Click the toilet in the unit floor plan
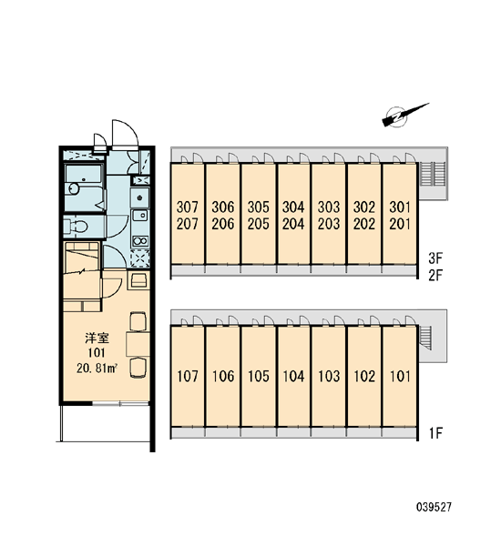pyautogui.click(x=77, y=227)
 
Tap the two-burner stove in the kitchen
pyautogui.click(x=139, y=240)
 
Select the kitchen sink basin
pyautogui.click(x=140, y=215)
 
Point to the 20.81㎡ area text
pyautogui.click(x=97, y=369)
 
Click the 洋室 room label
pyautogui.click(x=97, y=338)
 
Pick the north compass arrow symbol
pyautogui.click(x=404, y=115)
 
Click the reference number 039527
pyautogui.click(x=434, y=507)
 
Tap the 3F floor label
pyautogui.click(x=435, y=258)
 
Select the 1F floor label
pyautogui.click(x=435, y=433)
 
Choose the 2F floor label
pyautogui.click(x=435, y=276)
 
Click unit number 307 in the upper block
pyautogui.click(x=188, y=207)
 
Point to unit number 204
pyautogui.click(x=293, y=224)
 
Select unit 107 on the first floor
pyautogui.click(x=188, y=376)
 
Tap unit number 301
pyautogui.click(x=400, y=207)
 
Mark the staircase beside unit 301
pyautogui.click(x=434, y=174)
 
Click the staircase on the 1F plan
pyautogui.click(x=426, y=338)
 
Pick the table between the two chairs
pyautogui.click(x=138, y=344)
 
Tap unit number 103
pyautogui.click(x=329, y=376)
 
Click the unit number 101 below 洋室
pyautogui.click(x=97, y=353)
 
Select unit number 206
pyautogui.click(x=223, y=224)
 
